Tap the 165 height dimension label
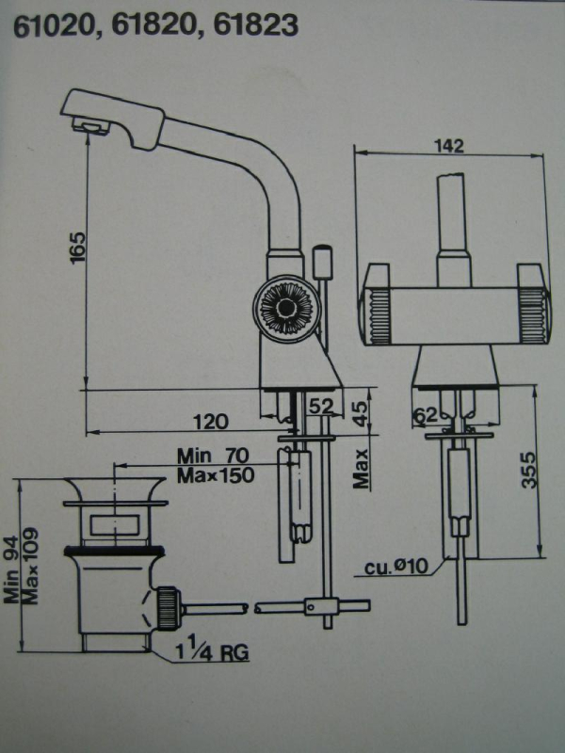(78, 251)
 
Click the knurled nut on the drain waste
(168, 606)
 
